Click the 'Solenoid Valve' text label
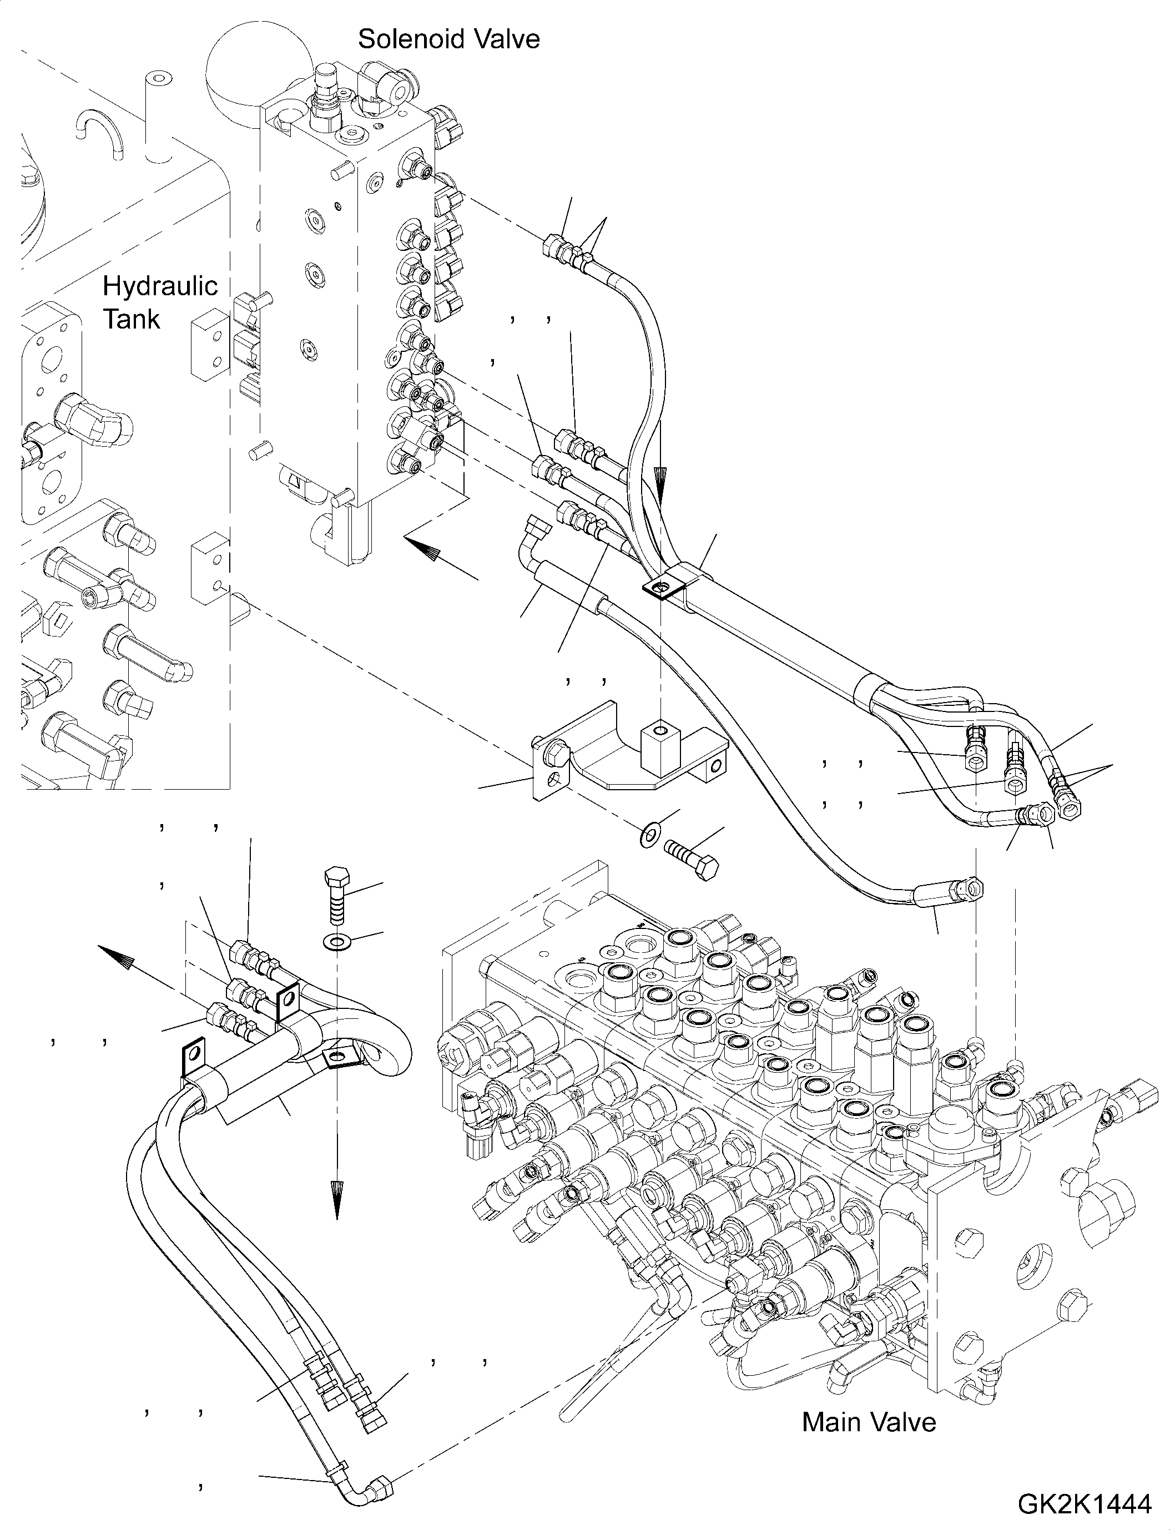tap(448, 39)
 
